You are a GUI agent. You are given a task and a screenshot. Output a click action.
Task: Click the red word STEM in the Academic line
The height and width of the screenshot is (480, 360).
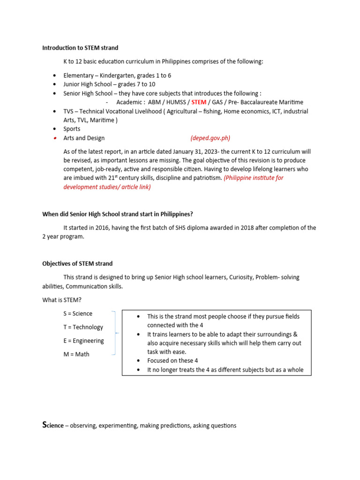click(x=199, y=102)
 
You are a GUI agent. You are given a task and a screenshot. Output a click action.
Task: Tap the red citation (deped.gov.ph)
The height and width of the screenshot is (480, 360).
click(x=210, y=138)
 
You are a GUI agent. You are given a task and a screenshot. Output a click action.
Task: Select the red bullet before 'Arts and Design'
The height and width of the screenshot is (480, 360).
click(x=55, y=138)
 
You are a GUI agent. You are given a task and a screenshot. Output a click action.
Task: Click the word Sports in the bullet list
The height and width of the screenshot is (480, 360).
click(x=72, y=129)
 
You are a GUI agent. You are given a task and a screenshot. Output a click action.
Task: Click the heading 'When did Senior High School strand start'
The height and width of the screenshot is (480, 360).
click(x=117, y=214)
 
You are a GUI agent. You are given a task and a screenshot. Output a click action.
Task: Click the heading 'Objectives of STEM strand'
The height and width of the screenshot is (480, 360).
click(x=77, y=263)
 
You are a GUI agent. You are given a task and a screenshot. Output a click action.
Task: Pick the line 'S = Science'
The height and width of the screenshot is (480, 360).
click(x=78, y=314)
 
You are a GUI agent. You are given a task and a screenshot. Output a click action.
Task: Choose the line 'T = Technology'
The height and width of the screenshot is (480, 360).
click(x=83, y=327)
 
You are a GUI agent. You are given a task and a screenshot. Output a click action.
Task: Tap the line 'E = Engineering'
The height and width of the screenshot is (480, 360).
click(x=83, y=341)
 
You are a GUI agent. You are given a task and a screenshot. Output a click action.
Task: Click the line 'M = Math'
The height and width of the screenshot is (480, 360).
click(x=76, y=354)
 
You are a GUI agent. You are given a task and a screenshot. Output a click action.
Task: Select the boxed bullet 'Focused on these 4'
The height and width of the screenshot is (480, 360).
click(x=172, y=361)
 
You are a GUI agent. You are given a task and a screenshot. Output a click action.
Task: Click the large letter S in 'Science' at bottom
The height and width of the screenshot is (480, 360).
click(x=45, y=425)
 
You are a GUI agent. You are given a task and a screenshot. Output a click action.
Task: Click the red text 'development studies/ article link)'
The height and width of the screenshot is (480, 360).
click(x=107, y=187)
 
